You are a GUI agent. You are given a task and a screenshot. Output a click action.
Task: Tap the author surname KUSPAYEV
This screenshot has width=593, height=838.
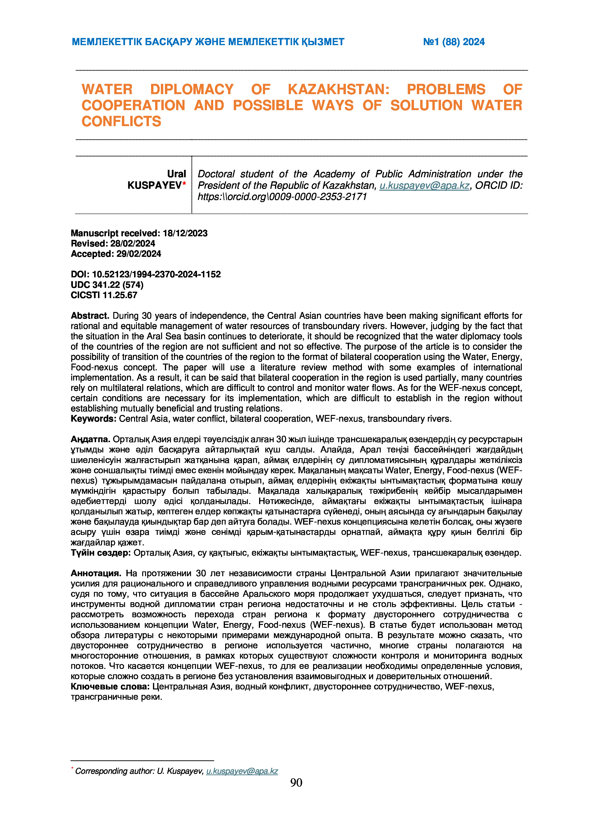[x=154, y=185]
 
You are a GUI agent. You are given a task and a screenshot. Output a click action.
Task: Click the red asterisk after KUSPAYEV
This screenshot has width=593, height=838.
[x=184, y=183]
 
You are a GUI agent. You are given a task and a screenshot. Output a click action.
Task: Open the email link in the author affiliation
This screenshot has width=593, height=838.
[x=424, y=185]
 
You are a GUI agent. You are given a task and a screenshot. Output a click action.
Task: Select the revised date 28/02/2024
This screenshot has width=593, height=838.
[x=133, y=243]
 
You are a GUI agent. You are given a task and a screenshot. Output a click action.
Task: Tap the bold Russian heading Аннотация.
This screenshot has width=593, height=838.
[x=96, y=573]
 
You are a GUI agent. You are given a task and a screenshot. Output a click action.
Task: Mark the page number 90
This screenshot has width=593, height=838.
[x=296, y=783]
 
